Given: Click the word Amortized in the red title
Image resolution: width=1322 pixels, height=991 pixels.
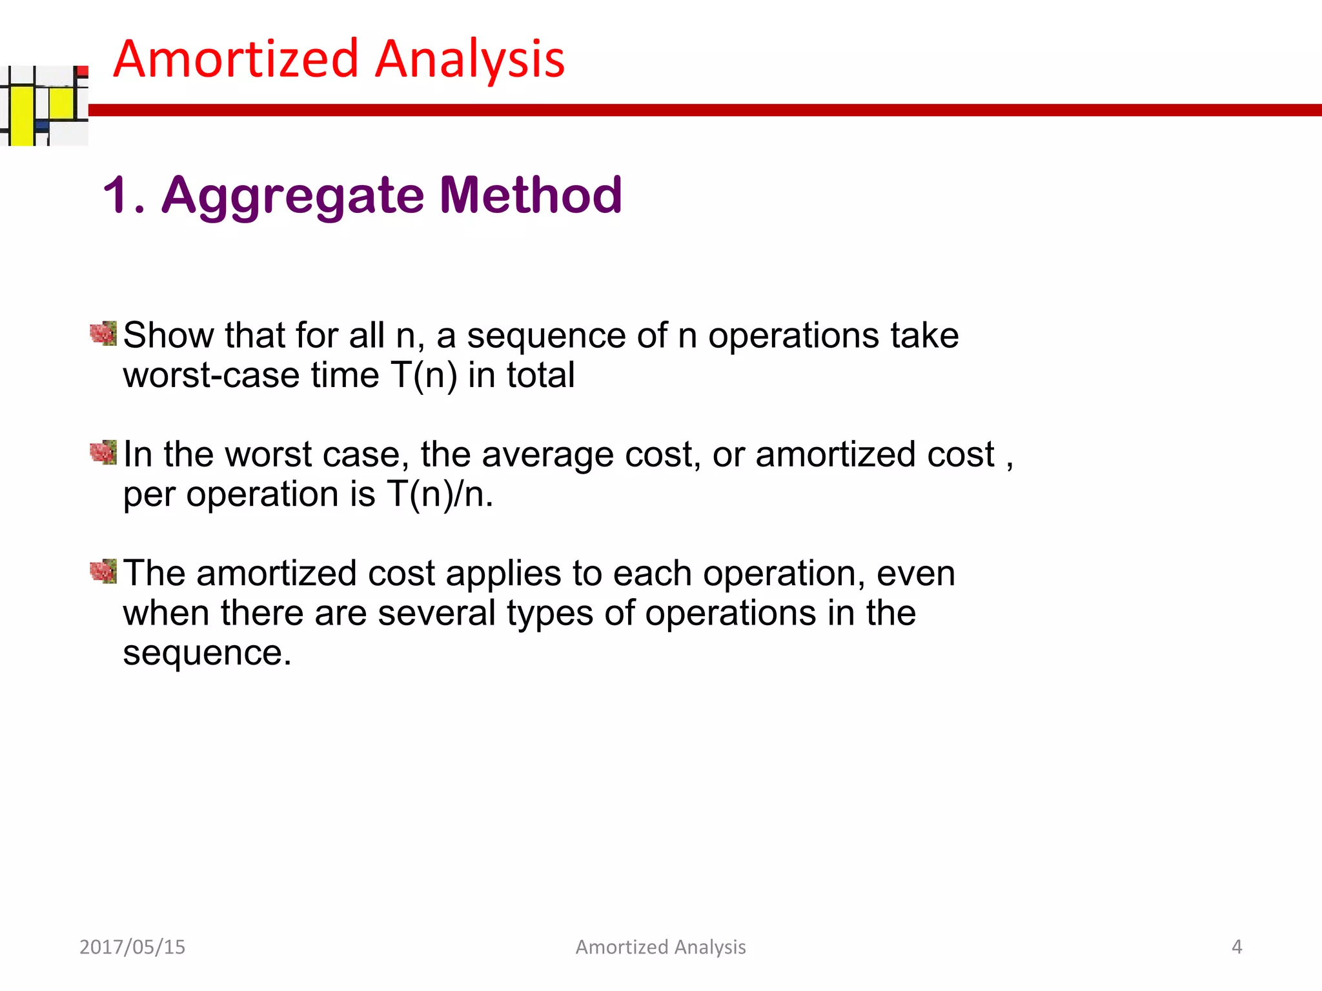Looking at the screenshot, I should tap(236, 59).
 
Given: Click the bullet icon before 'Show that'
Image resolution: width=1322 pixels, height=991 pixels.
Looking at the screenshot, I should tap(103, 334).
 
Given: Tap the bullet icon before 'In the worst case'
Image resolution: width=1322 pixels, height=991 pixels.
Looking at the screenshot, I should tap(103, 452).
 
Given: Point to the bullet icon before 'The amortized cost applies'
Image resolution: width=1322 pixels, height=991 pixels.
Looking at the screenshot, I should tap(103, 571).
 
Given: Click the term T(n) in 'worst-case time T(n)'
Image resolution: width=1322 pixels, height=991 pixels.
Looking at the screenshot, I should tap(423, 375).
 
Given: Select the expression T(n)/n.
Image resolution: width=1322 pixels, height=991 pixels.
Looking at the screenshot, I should tap(440, 495).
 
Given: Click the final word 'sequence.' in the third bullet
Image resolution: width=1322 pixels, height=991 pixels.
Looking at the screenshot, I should tap(207, 653).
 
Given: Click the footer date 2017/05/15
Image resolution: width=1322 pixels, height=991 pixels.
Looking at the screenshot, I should tap(132, 946).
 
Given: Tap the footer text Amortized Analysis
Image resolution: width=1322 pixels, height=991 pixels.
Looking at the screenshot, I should tap(660, 946).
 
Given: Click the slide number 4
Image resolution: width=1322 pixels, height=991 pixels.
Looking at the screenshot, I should tap(1236, 946).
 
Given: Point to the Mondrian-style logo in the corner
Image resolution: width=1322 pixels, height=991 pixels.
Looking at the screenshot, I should tap(44, 106).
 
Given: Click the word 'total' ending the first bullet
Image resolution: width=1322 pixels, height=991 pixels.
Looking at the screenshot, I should tap(540, 375).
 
